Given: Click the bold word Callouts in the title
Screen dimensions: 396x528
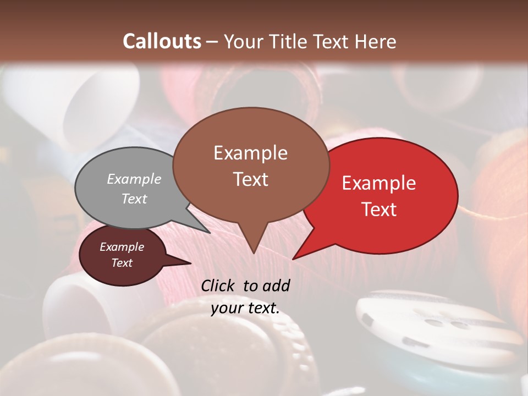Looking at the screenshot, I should coord(162,41).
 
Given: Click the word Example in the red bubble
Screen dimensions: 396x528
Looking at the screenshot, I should coord(379,183).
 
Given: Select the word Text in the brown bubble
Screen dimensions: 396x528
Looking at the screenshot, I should coord(251,179).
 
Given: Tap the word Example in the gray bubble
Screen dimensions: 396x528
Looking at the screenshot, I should coord(134,179).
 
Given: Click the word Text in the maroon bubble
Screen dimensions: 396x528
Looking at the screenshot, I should coord(122,263).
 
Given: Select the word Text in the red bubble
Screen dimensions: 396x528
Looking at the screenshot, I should coord(380,210).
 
